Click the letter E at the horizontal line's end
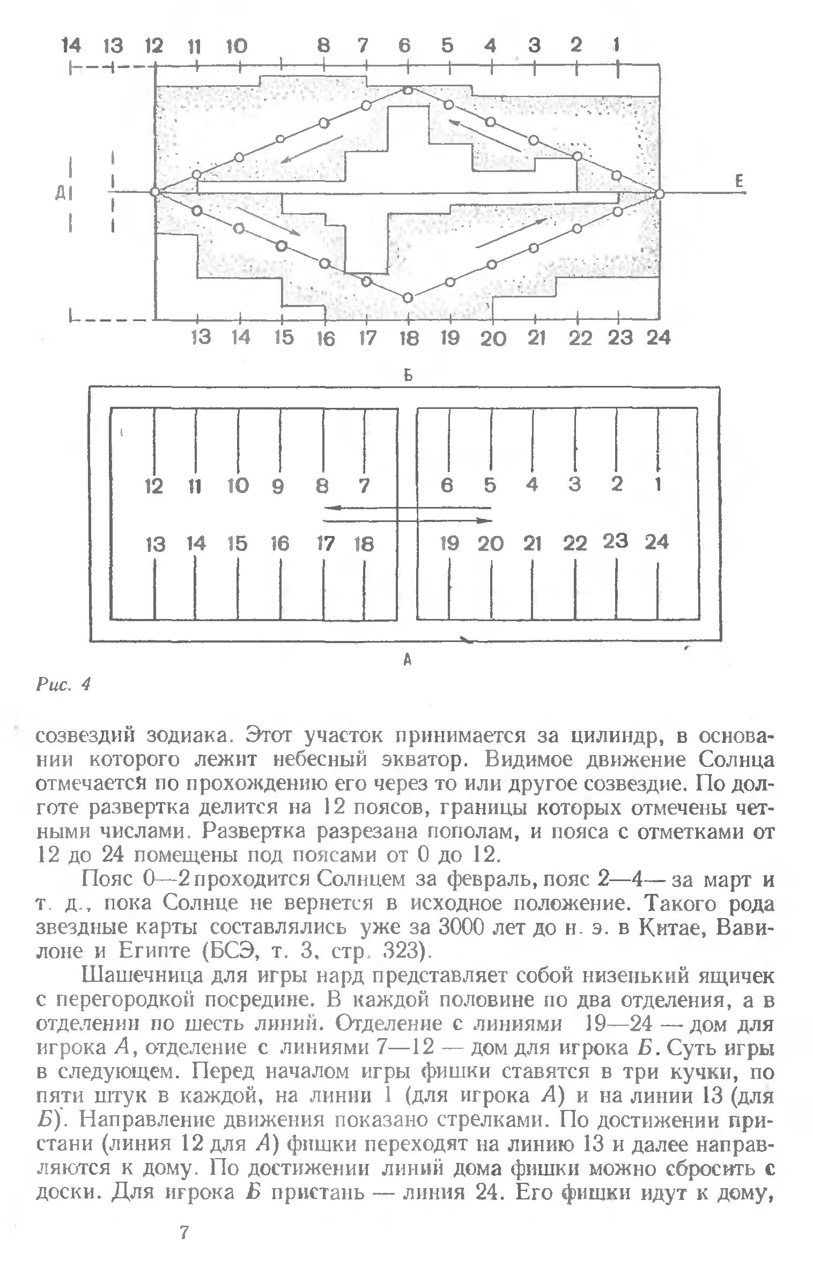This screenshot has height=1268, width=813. (x=740, y=182)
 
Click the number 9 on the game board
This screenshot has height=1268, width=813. (x=278, y=487)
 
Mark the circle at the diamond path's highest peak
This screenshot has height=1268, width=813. (x=408, y=90)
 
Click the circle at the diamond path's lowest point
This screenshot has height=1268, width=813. (x=408, y=297)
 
